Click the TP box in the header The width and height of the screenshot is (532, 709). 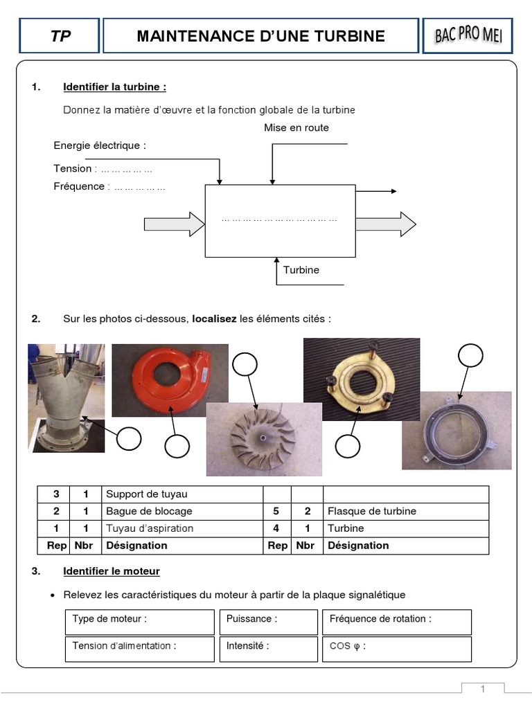60,36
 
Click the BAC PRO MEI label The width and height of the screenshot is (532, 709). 468,35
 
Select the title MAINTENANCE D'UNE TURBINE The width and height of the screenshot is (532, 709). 260,36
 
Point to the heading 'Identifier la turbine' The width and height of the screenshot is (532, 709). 114,87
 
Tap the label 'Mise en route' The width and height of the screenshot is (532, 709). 296,128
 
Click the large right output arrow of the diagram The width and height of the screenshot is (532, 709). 386,224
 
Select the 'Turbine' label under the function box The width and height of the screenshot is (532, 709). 301,270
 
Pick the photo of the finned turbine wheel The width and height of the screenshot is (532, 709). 264,439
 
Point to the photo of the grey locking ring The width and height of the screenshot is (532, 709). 456,430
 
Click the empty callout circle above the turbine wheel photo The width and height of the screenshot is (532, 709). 245,365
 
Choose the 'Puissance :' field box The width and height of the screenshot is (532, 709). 267,622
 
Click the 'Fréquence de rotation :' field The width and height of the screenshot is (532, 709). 396,622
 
